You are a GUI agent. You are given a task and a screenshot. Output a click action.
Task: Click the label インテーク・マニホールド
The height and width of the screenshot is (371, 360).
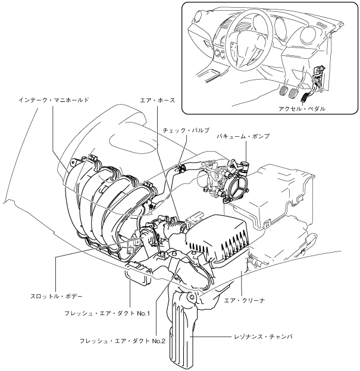[x=54, y=100]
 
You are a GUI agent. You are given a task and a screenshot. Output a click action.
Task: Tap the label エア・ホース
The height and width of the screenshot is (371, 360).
[x=158, y=100]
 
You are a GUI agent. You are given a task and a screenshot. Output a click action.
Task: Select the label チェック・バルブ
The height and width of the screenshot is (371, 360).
[x=186, y=130]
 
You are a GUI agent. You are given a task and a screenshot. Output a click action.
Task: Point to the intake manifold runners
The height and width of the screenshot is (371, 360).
[x=104, y=196]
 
